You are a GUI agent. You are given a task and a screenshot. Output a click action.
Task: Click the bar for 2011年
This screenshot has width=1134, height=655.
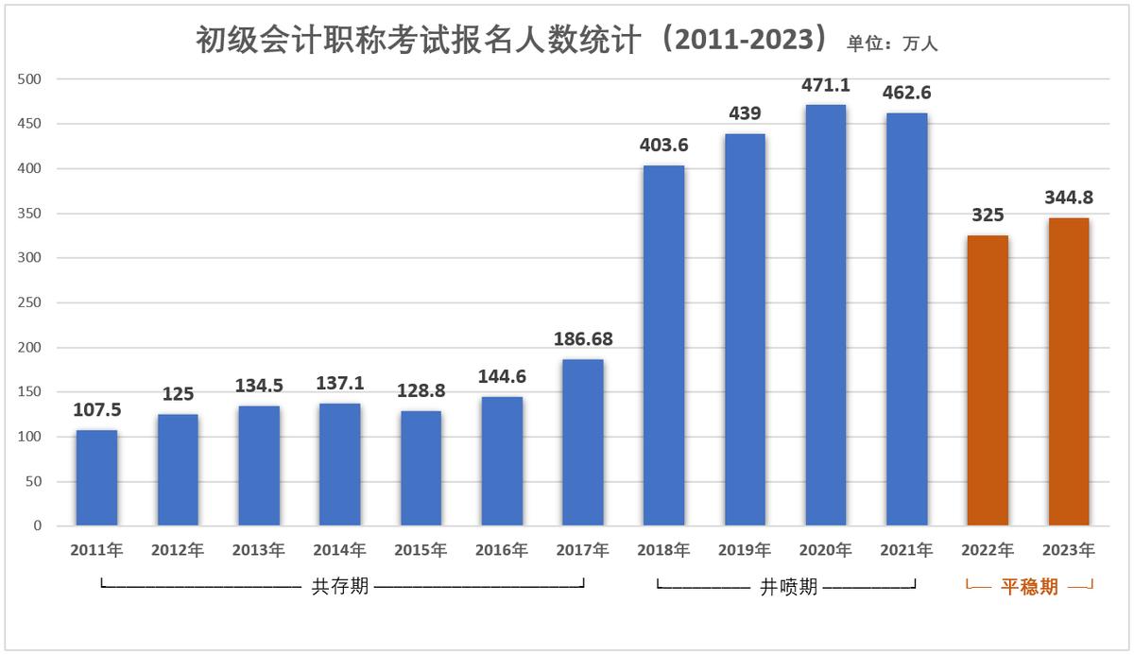96,478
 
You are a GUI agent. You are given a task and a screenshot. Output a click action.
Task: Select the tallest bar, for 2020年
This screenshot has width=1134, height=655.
825,316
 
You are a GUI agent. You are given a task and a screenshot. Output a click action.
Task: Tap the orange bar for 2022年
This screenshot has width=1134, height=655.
988,381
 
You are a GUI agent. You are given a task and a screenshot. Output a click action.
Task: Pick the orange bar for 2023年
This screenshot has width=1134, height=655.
1068,371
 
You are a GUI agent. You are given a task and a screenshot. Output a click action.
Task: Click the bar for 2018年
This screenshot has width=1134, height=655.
663,346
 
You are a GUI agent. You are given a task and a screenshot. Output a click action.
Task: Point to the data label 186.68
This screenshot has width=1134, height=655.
582,338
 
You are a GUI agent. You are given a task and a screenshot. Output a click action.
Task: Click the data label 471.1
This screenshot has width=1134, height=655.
825,85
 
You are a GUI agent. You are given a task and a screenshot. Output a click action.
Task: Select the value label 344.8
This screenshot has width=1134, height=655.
1068,198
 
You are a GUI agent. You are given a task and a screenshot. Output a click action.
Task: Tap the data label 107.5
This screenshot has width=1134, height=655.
96,410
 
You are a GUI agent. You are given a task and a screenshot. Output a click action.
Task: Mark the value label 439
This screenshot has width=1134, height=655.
745,113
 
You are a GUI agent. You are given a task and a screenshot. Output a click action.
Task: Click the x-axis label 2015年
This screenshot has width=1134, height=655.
421,550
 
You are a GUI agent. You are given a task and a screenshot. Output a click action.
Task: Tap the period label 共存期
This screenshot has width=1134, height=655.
340,587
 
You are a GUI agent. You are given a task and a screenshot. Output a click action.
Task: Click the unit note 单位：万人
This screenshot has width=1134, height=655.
892,43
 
